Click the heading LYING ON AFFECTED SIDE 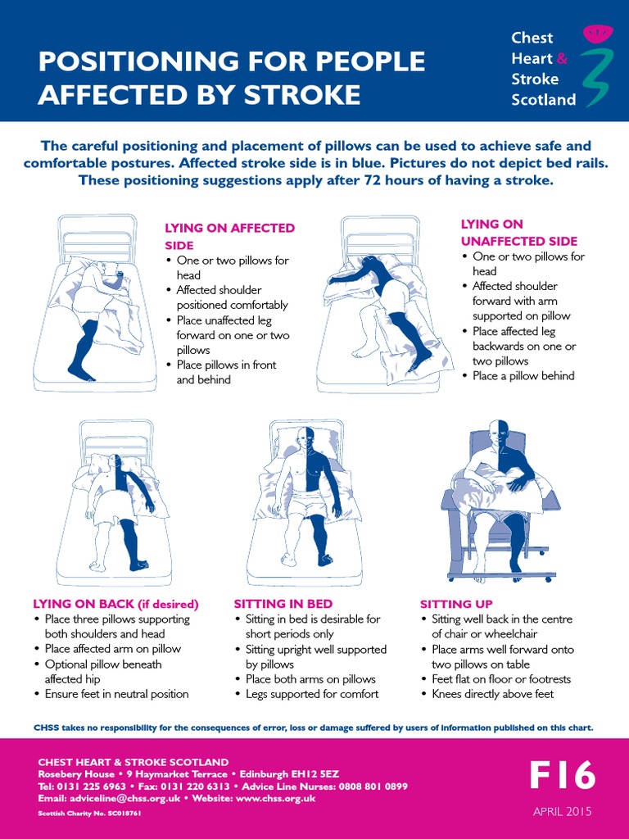click(229, 236)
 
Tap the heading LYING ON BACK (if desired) click(115, 604)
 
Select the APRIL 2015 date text click(562, 812)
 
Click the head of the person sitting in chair click(499, 433)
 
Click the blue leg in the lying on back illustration click(131, 537)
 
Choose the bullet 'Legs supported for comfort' click(311, 694)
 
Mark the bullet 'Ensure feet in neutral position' click(116, 694)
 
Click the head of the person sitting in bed click(305, 438)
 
